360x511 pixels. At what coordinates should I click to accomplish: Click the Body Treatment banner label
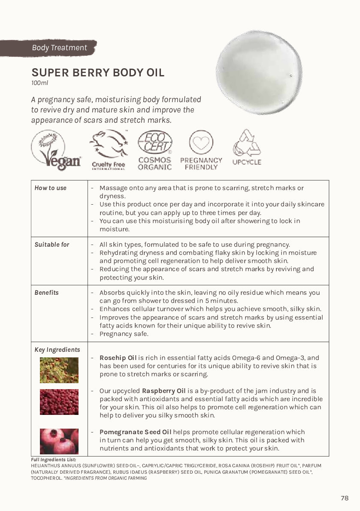coord(59,48)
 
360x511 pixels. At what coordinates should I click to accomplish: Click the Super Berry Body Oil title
coord(98,73)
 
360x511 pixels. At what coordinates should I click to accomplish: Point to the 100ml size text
coord(39,83)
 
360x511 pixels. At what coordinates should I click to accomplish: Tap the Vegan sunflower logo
coord(56,150)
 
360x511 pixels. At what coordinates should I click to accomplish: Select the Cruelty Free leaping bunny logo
coord(109,150)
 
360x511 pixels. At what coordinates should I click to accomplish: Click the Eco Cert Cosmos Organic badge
coord(155,150)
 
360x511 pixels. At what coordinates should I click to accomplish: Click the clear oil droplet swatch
coord(259,72)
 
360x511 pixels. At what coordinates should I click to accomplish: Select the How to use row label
coord(51,188)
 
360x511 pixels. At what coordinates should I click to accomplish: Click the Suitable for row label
coord(52,245)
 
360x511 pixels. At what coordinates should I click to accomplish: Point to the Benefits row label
coord(46,293)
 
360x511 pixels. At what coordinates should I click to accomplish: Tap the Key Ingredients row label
coord(57,350)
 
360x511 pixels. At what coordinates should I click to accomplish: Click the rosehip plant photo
coord(59,370)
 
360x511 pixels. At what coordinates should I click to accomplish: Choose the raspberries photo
coord(59,402)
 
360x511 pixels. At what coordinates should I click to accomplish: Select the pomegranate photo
coord(59,441)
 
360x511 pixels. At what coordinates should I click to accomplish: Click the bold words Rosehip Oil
coord(118,358)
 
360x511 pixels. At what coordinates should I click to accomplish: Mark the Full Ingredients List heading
coord(54,460)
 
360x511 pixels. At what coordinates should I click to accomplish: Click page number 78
coord(345,498)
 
